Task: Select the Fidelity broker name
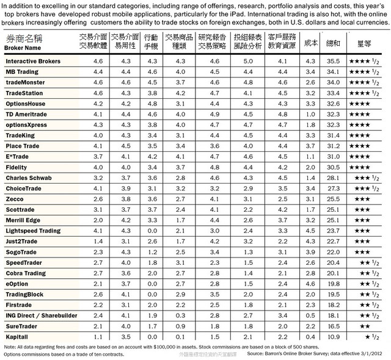[16, 166]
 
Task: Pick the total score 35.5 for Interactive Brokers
[333, 62]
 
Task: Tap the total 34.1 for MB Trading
[333, 72]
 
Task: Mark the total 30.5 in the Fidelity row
[333, 166]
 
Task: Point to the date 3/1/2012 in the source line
[373, 353]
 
